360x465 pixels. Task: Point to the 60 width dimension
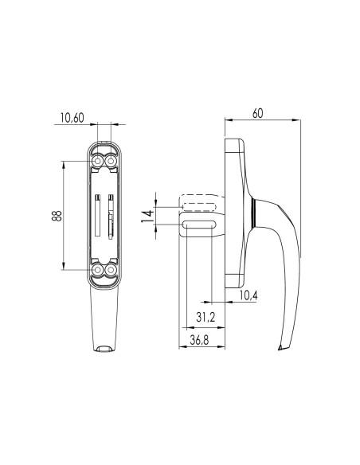pyautogui.click(x=257, y=113)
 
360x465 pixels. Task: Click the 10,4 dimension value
pyautogui.click(x=247, y=295)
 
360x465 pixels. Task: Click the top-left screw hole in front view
pyautogui.click(x=98, y=162)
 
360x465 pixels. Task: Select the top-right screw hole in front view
pyautogui.click(x=110, y=162)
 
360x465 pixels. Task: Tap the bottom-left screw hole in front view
pyautogui.click(x=98, y=272)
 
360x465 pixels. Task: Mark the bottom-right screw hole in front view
pyautogui.click(x=110, y=272)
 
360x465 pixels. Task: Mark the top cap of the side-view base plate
pyautogui.click(x=235, y=147)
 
